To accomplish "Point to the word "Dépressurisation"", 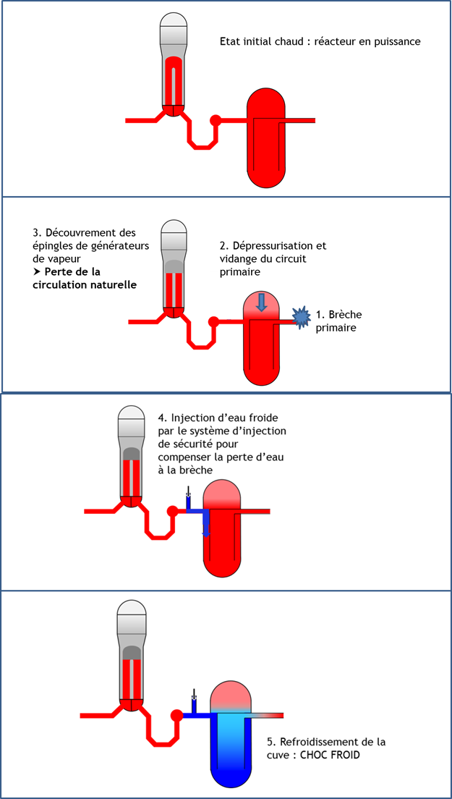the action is [x=265, y=245].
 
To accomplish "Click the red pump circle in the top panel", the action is [x=216, y=120].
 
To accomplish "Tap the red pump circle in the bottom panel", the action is [x=176, y=715].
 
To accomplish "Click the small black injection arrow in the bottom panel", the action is [x=193, y=695].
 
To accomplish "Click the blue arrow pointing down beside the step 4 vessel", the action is [x=205, y=529].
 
